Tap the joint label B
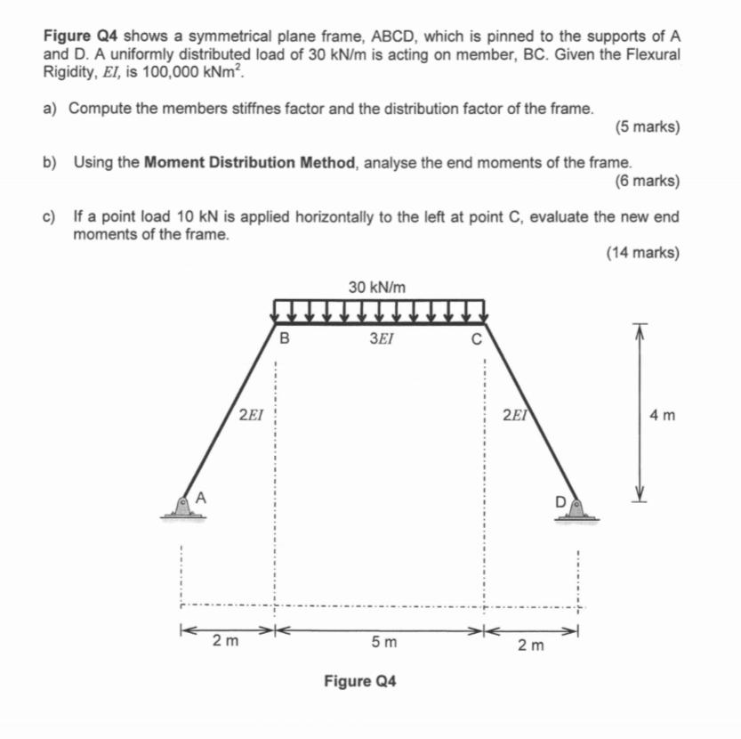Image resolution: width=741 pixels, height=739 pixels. click(x=284, y=338)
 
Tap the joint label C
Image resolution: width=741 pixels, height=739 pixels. click(x=476, y=338)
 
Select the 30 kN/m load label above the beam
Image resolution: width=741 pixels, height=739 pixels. click(x=377, y=287)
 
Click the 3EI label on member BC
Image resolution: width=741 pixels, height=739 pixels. click(x=380, y=338)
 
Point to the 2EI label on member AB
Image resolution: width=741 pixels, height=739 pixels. click(x=252, y=414)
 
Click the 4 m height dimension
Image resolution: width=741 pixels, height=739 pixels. click(x=663, y=415)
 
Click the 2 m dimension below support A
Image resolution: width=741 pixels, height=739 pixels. click(x=226, y=641)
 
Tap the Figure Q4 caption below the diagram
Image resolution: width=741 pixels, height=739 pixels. click(x=360, y=682)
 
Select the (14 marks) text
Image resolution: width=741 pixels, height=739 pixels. click(x=642, y=253)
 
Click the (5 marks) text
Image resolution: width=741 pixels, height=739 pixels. click(x=647, y=127)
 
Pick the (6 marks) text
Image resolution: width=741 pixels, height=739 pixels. click(x=647, y=182)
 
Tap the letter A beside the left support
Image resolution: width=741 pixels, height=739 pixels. click(x=201, y=498)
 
